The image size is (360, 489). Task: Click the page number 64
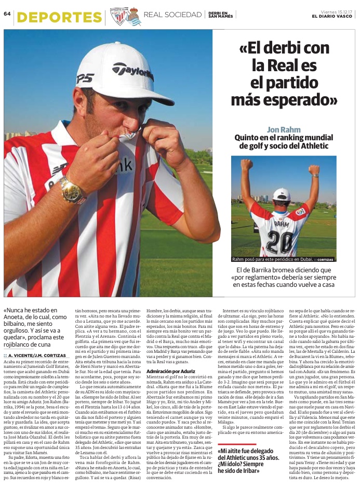[x=7, y=14]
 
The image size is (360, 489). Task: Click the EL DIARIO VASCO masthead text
[x=331, y=16]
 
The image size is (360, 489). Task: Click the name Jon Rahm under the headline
[x=281, y=129]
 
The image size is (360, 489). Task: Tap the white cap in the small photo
[x=282, y=194]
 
